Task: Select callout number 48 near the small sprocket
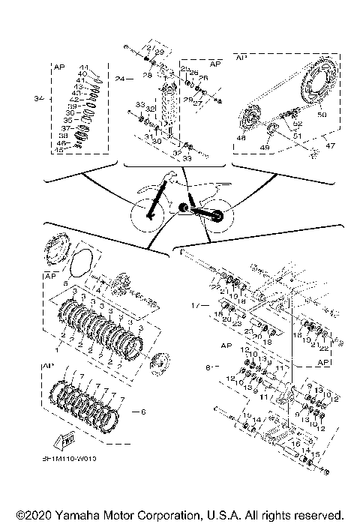pos(242,139)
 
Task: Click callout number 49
pos(265,148)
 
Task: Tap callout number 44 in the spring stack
pos(83,67)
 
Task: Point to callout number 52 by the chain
pos(298,124)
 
